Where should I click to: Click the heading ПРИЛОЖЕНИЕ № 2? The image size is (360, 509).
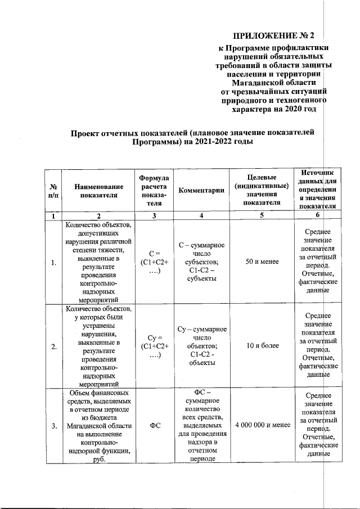[x=276, y=37]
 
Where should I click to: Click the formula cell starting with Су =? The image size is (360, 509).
[x=151, y=345]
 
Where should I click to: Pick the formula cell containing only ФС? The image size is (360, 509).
[x=151, y=426]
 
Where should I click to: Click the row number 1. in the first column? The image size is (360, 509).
[x=53, y=262]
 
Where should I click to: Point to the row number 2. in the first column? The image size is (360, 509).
[x=53, y=346]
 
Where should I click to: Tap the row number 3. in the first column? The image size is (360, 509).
[x=53, y=426]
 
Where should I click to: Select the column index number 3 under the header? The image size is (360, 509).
[x=151, y=215]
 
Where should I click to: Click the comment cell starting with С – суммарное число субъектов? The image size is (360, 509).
[x=201, y=262]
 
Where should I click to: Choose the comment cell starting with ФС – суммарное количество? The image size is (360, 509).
[x=201, y=425]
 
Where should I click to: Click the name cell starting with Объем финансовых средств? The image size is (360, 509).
[x=98, y=425]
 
